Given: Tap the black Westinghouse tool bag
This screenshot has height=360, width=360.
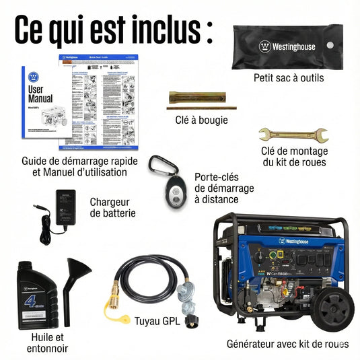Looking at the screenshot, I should click(286, 47).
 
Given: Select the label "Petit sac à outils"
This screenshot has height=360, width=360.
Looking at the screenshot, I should click(289, 78).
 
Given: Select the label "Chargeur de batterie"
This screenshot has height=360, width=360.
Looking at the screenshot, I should click(113, 207).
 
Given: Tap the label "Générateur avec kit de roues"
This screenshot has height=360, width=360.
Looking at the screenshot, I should click(288, 344).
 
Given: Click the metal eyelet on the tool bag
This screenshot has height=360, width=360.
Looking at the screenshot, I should click(330, 45).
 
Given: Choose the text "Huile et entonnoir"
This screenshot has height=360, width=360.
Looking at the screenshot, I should click(47, 342).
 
